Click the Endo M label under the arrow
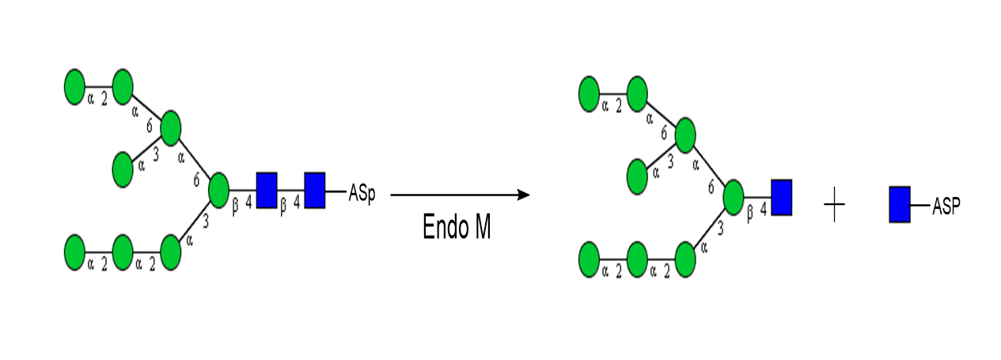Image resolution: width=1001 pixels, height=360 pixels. click(x=457, y=227)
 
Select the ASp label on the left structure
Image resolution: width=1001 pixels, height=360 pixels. click(x=362, y=193)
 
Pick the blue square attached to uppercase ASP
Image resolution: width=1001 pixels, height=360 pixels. click(x=899, y=204)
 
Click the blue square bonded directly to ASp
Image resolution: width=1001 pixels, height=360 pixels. click(x=314, y=191)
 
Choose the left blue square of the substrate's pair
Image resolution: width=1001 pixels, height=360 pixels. click(x=267, y=191)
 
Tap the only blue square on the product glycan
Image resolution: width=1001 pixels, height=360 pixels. click(x=781, y=197)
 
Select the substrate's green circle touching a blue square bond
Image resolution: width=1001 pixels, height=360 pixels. click(x=218, y=191)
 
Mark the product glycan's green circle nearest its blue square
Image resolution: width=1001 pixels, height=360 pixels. click(x=733, y=196)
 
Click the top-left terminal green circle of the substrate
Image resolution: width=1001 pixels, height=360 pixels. click(x=74, y=87)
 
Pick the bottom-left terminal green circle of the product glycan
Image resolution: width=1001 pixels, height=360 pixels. click(x=590, y=260)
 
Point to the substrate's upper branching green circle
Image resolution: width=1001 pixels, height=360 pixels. click(x=171, y=128)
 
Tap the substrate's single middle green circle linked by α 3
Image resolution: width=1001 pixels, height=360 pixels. click(x=123, y=170)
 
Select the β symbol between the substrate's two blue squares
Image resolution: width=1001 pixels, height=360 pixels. click(x=283, y=204)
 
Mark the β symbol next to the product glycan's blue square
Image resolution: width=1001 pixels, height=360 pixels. click(x=749, y=212)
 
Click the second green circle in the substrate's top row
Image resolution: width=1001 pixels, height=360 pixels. click(x=123, y=87)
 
